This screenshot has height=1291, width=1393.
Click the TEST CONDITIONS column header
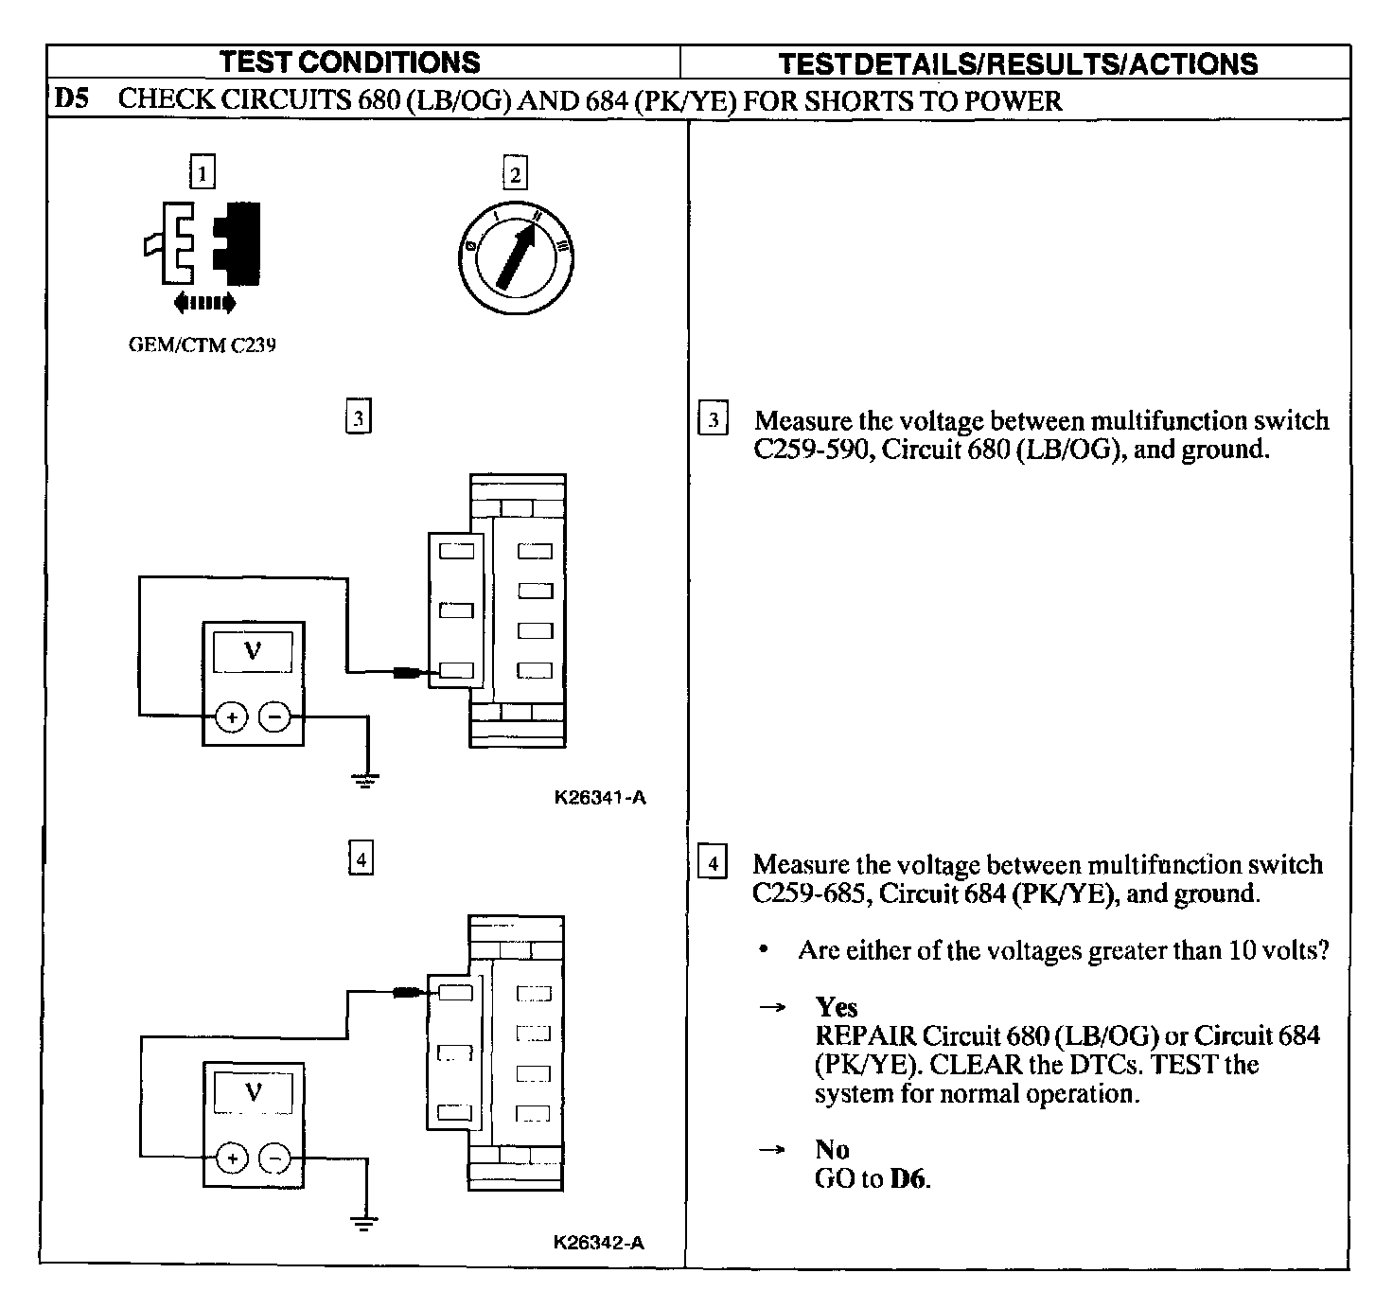pyautogui.click(x=350, y=62)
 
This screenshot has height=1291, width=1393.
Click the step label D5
pyautogui.click(x=72, y=99)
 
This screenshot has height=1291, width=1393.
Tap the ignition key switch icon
pyautogui.click(x=514, y=256)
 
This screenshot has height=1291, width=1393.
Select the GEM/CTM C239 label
pyautogui.click(x=202, y=345)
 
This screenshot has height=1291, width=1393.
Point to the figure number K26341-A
pyautogui.click(x=600, y=798)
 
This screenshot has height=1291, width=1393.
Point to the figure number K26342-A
pyautogui.click(x=599, y=1243)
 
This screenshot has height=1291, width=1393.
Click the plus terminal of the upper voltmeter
pyautogui.click(x=231, y=717)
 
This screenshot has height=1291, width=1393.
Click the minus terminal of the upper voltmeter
pyautogui.click(x=274, y=717)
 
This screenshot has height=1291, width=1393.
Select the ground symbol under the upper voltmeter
pyautogui.click(x=365, y=780)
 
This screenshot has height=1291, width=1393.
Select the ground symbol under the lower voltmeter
pyautogui.click(x=363, y=1221)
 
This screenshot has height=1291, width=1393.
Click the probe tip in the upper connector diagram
pyautogui.click(x=410, y=673)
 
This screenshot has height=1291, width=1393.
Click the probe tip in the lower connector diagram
pyautogui.click(x=410, y=993)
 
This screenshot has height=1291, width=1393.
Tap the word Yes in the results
pyautogui.click(x=837, y=1007)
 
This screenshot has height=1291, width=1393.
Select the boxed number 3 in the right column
pyautogui.click(x=713, y=420)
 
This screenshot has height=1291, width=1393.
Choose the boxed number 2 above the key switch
pyautogui.click(x=515, y=174)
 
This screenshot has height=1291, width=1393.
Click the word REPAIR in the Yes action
pyautogui.click(x=865, y=1035)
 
